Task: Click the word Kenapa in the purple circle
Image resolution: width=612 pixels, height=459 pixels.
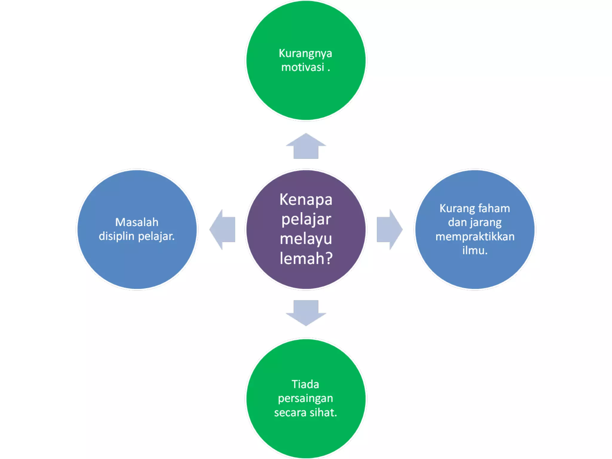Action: (x=306, y=200)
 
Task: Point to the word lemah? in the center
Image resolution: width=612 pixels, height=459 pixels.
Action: (x=306, y=258)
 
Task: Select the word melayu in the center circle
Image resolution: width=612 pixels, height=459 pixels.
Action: (x=306, y=239)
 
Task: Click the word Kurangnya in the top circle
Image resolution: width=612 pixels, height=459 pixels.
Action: (x=305, y=53)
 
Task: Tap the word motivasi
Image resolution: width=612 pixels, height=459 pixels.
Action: (x=302, y=67)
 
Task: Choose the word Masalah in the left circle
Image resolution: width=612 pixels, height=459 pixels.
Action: (x=137, y=222)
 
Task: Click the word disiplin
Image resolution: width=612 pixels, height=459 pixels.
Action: (x=117, y=236)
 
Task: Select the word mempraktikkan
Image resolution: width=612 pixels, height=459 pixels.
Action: (x=475, y=237)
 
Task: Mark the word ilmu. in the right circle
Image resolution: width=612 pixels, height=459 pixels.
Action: (x=475, y=250)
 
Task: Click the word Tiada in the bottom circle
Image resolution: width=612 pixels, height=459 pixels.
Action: (x=305, y=384)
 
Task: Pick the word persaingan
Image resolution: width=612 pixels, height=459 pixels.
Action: (x=305, y=399)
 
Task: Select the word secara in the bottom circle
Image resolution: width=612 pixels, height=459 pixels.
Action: (x=290, y=413)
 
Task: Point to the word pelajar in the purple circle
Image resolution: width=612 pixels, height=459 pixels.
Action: (x=306, y=220)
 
